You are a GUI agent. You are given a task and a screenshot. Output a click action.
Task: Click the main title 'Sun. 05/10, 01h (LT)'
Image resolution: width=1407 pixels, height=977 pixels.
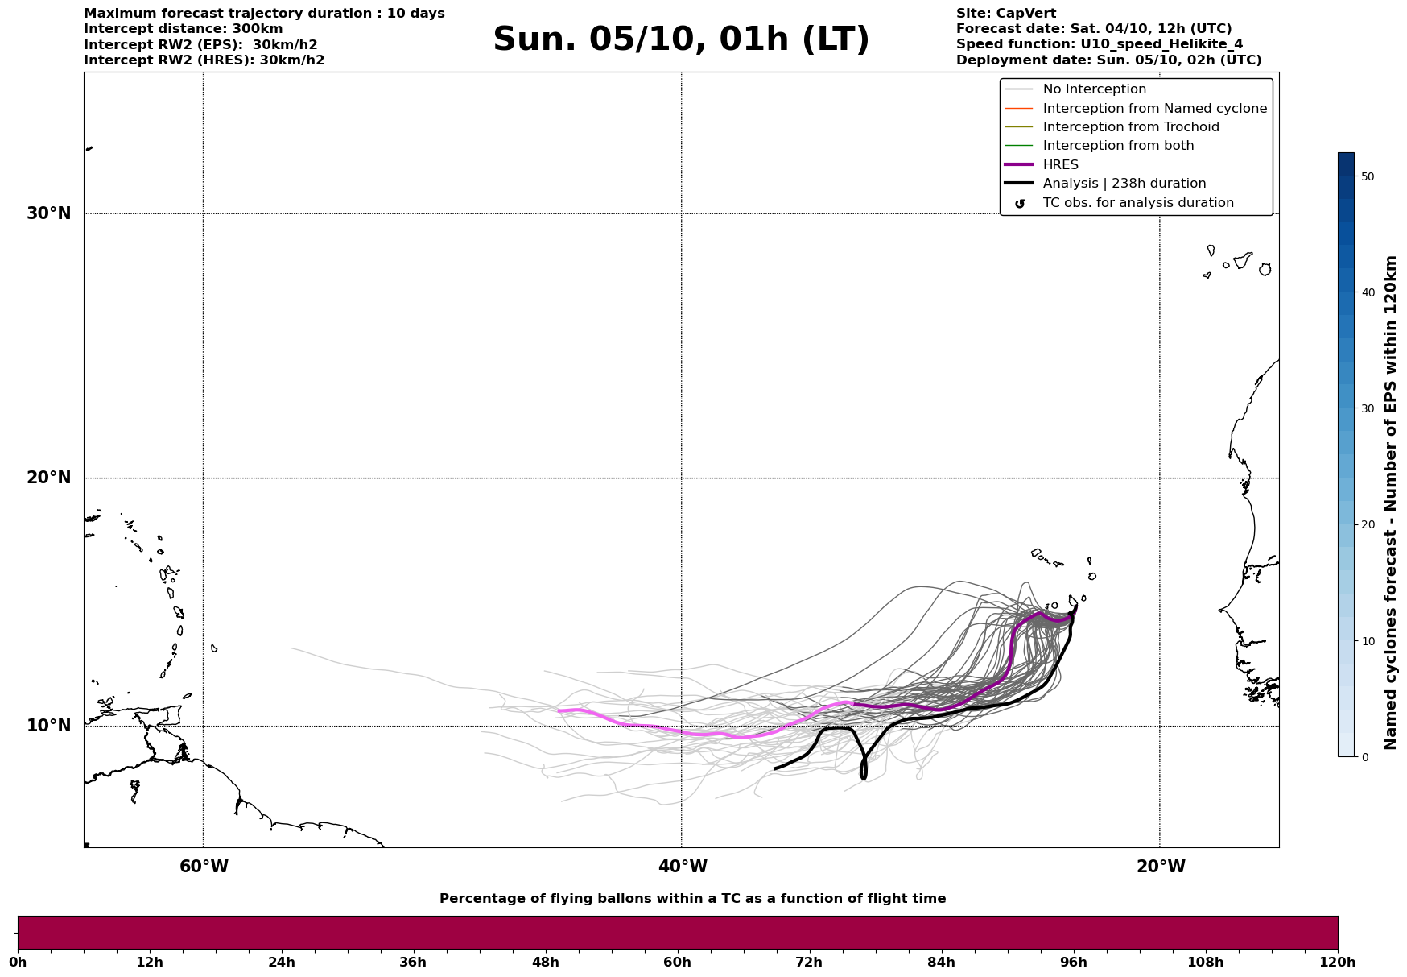point(681,39)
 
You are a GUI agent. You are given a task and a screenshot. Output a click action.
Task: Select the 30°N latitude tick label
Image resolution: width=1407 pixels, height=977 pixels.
point(49,213)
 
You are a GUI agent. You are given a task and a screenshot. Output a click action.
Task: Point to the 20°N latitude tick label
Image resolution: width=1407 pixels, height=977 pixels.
point(49,478)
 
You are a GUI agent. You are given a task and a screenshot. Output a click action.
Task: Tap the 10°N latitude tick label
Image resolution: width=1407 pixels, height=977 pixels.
point(49,726)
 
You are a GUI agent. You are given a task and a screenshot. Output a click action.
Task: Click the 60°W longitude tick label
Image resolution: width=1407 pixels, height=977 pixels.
point(204,867)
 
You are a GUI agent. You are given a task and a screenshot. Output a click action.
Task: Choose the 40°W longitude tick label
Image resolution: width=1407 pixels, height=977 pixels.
point(683,867)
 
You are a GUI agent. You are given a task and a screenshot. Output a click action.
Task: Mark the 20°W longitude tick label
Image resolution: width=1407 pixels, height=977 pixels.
point(1161,867)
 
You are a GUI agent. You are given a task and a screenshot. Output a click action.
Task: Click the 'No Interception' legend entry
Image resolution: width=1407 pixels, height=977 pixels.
point(1094,89)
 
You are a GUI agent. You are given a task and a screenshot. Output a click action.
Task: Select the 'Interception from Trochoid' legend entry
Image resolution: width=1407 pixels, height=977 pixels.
point(1130,127)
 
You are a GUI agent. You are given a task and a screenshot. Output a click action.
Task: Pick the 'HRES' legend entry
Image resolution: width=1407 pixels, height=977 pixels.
point(1060,165)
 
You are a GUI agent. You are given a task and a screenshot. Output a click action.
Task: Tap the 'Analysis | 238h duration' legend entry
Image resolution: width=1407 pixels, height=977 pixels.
point(1124,184)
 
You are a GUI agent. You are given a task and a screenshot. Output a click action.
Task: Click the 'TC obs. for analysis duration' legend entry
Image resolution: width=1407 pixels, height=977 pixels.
point(1137,203)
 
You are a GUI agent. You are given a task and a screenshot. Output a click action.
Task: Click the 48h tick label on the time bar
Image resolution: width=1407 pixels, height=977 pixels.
point(545,962)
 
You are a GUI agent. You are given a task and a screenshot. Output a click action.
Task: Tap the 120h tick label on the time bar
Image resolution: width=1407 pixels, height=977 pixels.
point(1337,962)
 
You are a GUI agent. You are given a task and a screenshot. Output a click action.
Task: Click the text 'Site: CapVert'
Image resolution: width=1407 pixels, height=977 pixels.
point(1005,14)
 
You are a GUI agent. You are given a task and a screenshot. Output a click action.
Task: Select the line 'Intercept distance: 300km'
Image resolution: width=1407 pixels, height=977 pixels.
point(183,29)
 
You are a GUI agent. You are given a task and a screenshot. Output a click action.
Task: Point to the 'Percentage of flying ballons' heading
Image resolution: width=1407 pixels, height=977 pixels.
point(692,899)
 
